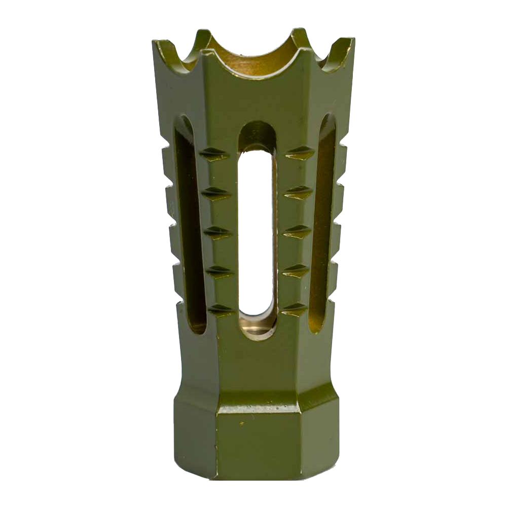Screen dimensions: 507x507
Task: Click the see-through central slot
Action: coord(257,228)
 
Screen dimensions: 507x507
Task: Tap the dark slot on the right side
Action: coord(322,223)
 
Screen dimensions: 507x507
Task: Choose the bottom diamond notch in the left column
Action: coord(221,309)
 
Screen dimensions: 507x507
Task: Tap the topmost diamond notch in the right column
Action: coord(300,152)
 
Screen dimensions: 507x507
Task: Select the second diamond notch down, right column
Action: coord(299,192)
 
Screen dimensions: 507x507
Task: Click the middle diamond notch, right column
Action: coord(297,232)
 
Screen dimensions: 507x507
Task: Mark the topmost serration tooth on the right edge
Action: coord(342,151)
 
